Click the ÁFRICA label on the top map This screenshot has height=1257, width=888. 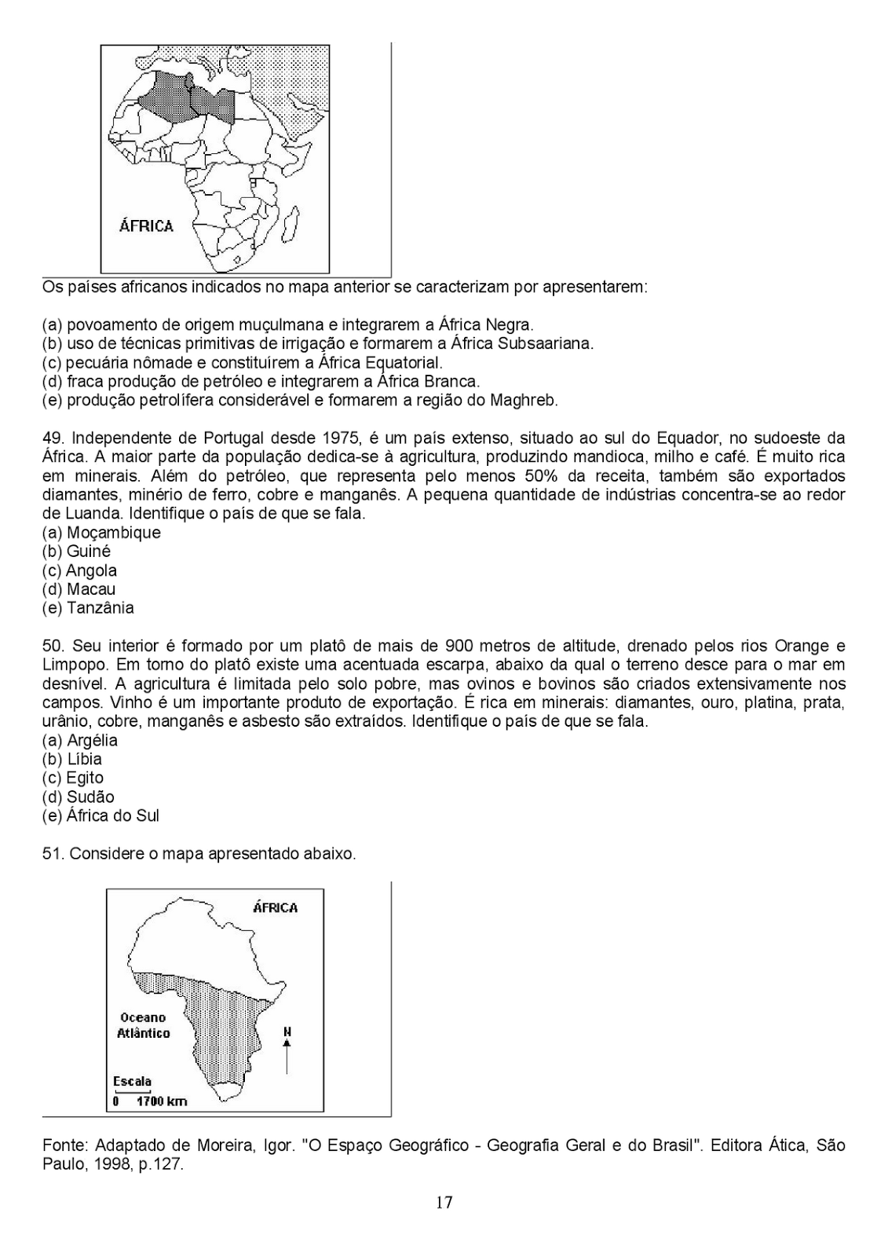click(x=146, y=226)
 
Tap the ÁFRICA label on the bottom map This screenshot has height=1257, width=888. click(x=275, y=908)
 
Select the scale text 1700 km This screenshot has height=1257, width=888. click(x=162, y=1101)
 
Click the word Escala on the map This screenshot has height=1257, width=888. click(x=132, y=1081)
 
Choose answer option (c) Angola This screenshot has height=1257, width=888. click(x=79, y=570)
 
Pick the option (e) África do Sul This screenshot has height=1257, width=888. click(x=100, y=815)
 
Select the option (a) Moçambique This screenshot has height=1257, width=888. click(x=101, y=533)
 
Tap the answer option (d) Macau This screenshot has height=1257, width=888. click(x=79, y=589)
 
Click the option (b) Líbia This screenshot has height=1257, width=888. click(x=72, y=759)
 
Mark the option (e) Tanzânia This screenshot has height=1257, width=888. click(x=88, y=608)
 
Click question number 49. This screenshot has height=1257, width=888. click(x=53, y=438)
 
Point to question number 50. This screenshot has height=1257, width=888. click(x=53, y=646)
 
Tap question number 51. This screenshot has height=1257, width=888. click(x=53, y=853)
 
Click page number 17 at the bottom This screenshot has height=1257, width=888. click(x=444, y=1202)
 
